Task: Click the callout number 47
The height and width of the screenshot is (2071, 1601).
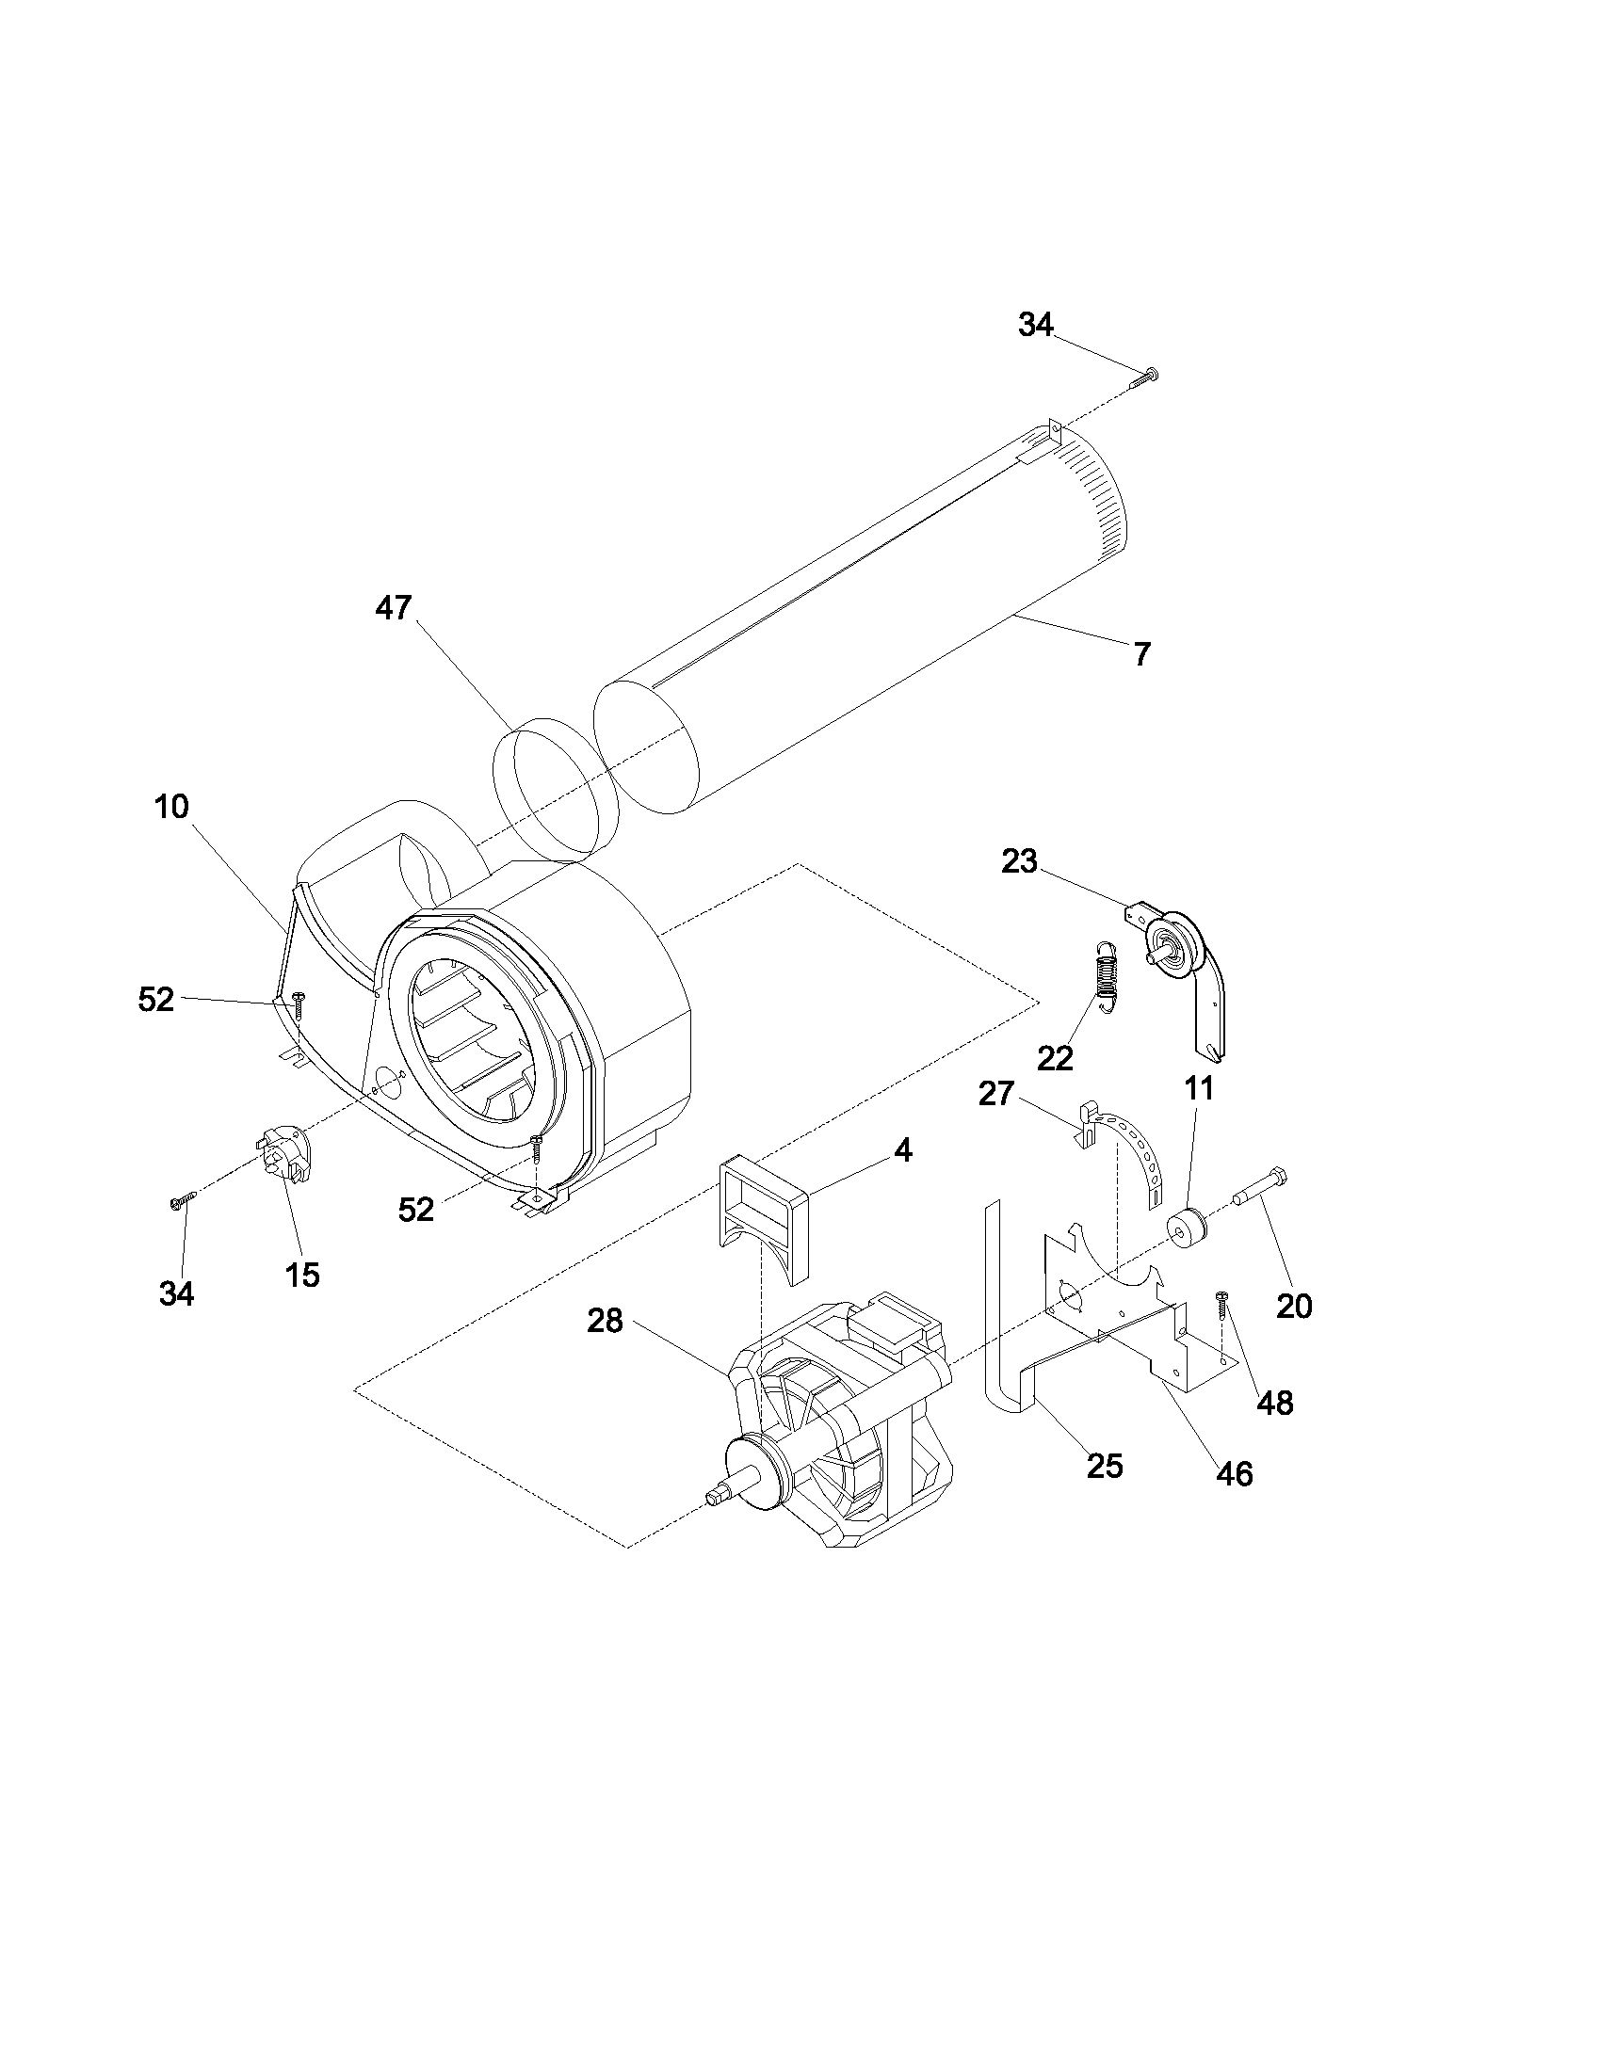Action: (393, 608)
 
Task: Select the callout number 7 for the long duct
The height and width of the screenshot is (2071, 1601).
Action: (1142, 653)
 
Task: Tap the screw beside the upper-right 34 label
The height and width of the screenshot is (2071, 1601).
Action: (1145, 377)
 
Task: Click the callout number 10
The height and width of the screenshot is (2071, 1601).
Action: (171, 807)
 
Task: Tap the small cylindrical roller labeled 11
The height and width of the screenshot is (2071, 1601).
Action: (1187, 1228)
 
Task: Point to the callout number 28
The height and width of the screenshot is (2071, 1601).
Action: (605, 1321)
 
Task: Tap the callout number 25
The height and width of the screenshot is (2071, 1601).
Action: (1104, 1466)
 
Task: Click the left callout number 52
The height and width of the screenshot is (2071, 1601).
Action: (155, 1000)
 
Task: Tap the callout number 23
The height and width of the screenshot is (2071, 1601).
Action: (1019, 861)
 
